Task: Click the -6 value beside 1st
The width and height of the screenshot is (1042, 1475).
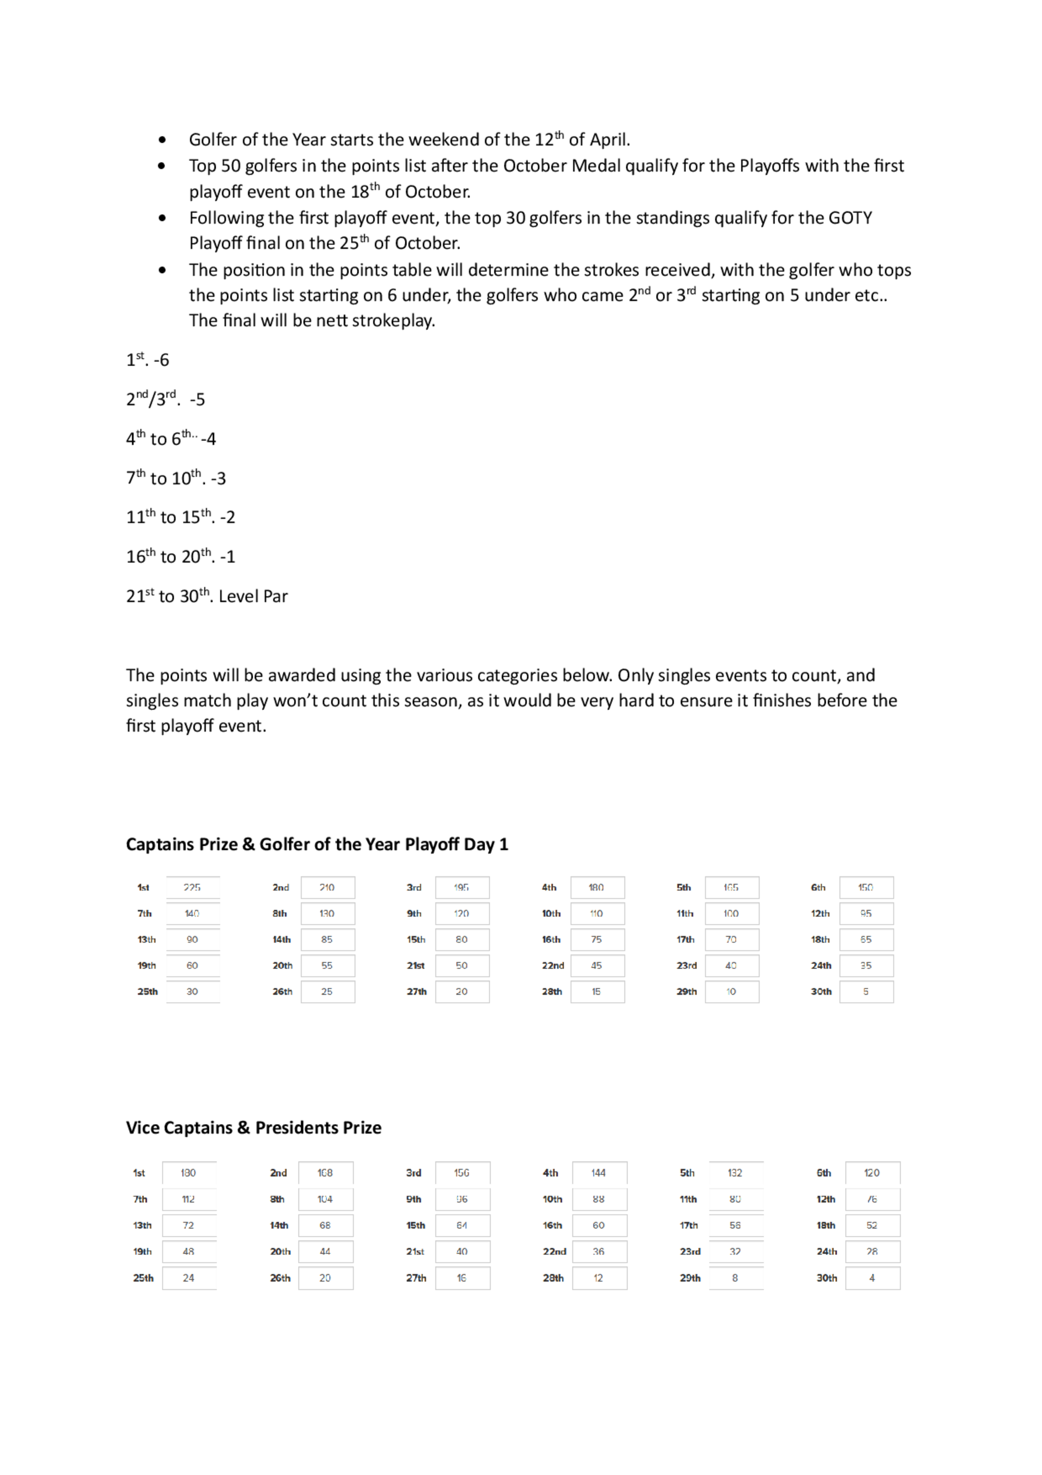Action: (x=162, y=360)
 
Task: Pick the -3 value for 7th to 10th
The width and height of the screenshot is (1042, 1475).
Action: (x=218, y=479)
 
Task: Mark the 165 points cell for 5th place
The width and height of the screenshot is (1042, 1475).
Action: (x=731, y=888)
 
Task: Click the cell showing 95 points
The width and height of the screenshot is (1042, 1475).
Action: (x=866, y=913)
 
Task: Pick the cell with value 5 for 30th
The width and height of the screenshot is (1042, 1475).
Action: (x=866, y=992)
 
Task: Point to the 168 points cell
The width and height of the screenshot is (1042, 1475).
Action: (x=325, y=1173)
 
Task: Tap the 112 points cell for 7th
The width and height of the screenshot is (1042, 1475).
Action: (x=188, y=1199)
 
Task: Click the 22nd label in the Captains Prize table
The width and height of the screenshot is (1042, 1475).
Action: (x=553, y=966)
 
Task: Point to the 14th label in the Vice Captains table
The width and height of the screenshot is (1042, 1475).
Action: (x=279, y=1226)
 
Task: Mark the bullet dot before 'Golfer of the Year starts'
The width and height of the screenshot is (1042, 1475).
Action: (x=162, y=140)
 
